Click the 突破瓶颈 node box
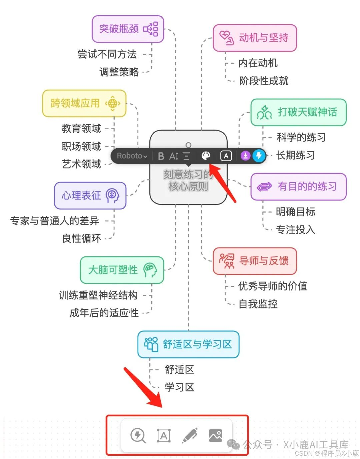click(x=128, y=29)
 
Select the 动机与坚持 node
click(x=255, y=38)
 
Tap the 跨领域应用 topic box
click(x=84, y=103)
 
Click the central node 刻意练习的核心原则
click(x=188, y=187)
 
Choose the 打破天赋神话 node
click(x=298, y=112)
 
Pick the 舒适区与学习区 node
click(x=188, y=344)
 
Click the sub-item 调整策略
click(x=119, y=72)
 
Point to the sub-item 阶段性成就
click(x=264, y=81)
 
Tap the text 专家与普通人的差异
click(x=55, y=221)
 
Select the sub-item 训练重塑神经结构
click(x=98, y=295)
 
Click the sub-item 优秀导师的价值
click(x=273, y=286)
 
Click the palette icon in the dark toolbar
click(x=206, y=156)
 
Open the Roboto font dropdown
click(x=132, y=156)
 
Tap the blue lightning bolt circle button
click(x=259, y=156)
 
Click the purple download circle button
click(x=245, y=156)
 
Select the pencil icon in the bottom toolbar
click(x=190, y=435)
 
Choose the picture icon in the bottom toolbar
click(x=215, y=435)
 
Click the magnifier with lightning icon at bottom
click(x=138, y=435)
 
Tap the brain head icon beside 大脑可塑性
click(x=150, y=270)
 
